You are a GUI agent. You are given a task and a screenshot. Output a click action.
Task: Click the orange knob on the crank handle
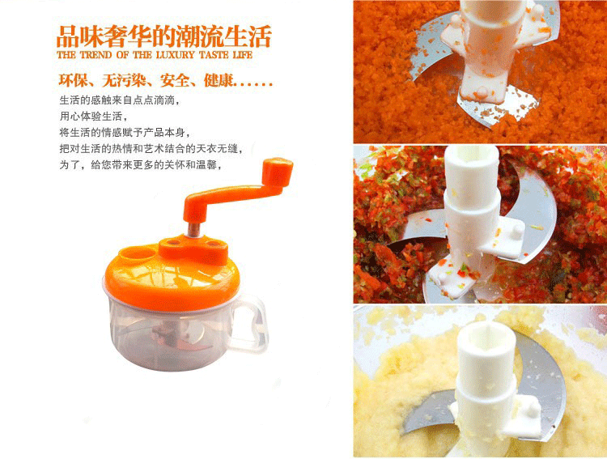[277, 172]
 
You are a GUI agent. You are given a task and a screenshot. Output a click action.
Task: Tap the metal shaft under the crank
[193, 229]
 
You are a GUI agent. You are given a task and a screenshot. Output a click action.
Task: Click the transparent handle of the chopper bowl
[250, 324]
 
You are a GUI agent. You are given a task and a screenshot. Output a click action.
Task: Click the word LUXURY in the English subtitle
[176, 55]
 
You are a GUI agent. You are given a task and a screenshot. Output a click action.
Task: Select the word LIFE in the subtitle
[243, 55]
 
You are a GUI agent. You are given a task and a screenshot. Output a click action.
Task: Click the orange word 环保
[71, 81]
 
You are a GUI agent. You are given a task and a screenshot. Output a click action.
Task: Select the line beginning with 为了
[141, 164]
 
